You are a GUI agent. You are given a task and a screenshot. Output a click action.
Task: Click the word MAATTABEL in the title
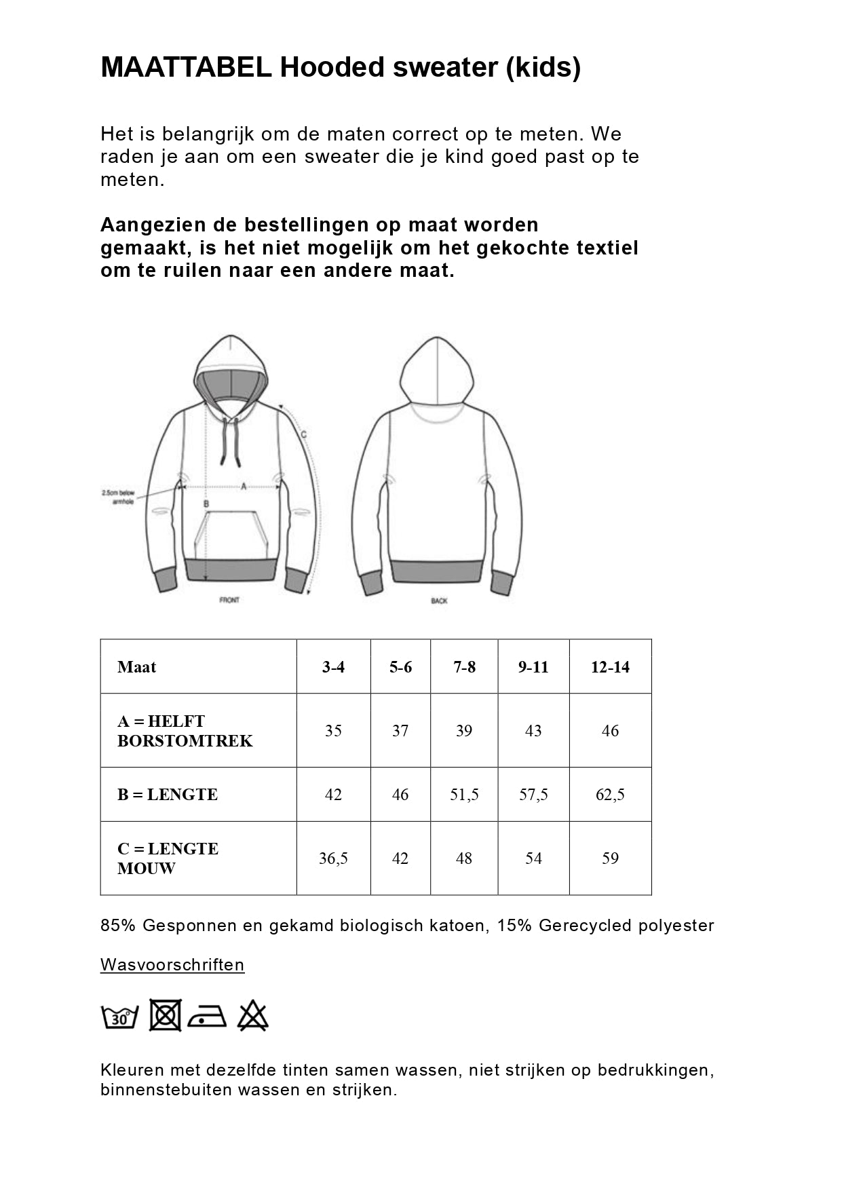click(186, 68)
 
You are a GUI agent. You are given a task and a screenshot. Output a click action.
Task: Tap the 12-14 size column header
click(610, 667)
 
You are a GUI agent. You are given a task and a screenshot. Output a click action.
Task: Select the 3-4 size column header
click(333, 667)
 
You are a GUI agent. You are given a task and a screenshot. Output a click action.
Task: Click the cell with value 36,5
click(333, 858)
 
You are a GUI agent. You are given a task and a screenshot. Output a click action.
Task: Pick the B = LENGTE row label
click(168, 795)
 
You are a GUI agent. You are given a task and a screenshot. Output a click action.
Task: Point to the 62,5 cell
click(610, 795)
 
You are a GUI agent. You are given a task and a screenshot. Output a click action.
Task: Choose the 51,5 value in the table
click(464, 795)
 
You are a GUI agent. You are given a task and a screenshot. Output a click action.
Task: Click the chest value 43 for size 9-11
click(533, 731)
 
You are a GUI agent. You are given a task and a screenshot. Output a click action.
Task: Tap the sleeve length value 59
click(610, 858)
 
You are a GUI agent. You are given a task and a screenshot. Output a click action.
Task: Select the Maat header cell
click(136, 667)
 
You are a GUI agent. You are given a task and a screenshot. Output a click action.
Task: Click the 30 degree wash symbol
click(120, 1017)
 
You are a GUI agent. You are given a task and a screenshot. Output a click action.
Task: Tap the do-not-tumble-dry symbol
click(165, 1015)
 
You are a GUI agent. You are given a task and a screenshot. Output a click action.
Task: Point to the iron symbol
click(207, 1017)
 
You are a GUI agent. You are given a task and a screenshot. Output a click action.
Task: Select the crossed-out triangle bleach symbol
click(253, 1015)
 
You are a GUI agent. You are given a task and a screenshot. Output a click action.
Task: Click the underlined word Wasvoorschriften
click(172, 964)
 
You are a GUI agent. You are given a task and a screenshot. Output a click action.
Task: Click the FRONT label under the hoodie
click(229, 600)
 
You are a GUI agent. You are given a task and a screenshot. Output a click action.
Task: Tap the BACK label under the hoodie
click(439, 601)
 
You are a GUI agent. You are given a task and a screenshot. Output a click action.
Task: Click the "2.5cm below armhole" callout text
click(118, 497)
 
